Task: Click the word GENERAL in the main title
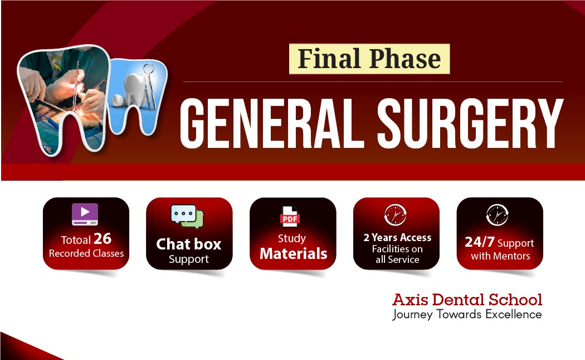(x=272, y=124)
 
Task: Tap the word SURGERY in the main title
(x=470, y=124)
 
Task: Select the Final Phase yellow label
(x=369, y=59)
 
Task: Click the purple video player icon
(x=85, y=214)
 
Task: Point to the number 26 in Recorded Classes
(x=102, y=238)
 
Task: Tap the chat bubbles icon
(x=187, y=217)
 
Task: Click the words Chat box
(x=189, y=244)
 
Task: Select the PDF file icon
(x=290, y=217)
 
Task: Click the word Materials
(x=294, y=254)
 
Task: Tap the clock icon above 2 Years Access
(x=396, y=215)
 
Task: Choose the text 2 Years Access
(x=397, y=237)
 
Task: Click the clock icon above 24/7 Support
(x=498, y=215)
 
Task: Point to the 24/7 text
(x=479, y=242)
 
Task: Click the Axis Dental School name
(x=467, y=299)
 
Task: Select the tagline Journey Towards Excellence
(x=467, y=314)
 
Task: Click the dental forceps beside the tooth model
(x=150, y=87)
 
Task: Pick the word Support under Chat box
(x=189, y=259)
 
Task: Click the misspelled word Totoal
(x=76, y=239)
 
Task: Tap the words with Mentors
(x=500, y=256)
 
